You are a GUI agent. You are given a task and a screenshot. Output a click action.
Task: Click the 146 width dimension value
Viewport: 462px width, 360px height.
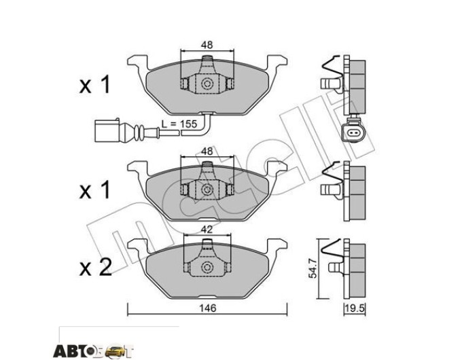pyautogui.click(x=208, y=308)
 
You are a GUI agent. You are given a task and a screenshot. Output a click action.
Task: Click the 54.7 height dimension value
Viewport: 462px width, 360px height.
pyautogui.click(x=313, y=268)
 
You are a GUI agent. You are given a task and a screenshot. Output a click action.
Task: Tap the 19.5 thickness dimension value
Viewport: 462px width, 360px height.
pyautogui.click(x=355, y=309)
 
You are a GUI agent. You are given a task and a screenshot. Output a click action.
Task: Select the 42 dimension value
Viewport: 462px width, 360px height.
pyautogui.click(x=207, y=229)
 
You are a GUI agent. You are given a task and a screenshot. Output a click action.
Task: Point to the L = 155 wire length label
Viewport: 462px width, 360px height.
pyautogui.click(x=179, y=124)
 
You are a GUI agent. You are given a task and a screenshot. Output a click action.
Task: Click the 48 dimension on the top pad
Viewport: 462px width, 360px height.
pyautogui.click(x=207, y=45)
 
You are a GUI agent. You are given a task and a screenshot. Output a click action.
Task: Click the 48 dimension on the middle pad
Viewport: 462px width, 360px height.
pyautogui.click(x=207, y=151)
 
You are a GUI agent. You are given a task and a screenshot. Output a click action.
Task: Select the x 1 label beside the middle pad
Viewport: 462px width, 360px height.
pyautogui.click(x=94, y=190)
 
